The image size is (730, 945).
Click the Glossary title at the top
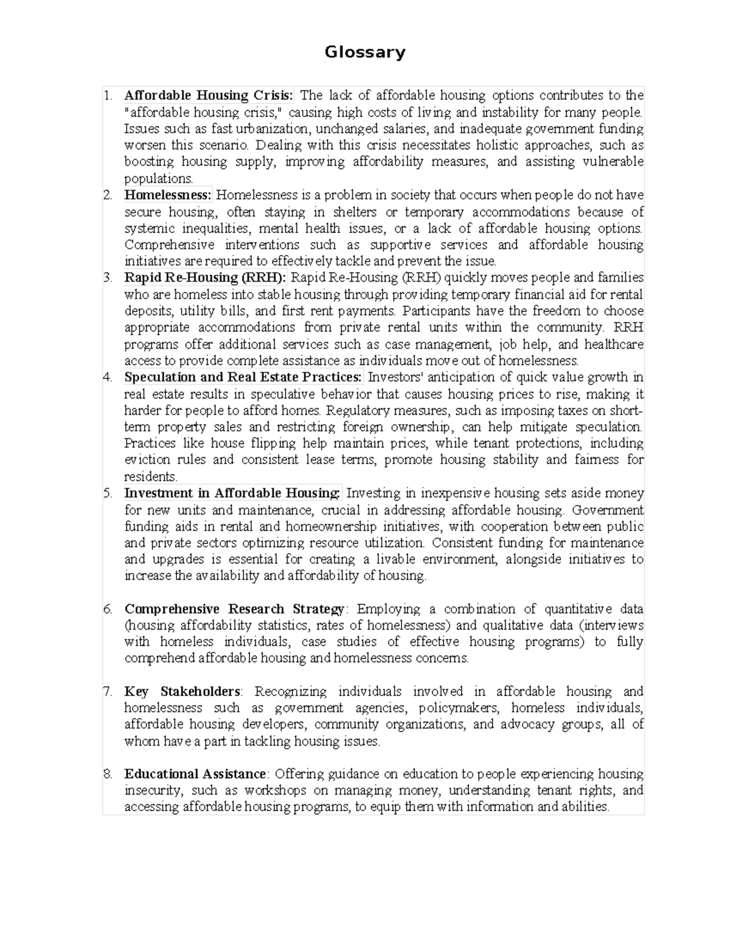[364, 52]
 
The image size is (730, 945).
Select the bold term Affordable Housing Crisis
[209, 96]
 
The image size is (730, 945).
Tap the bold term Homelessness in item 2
[168, 195]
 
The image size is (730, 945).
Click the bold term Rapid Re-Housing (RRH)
[205, 278]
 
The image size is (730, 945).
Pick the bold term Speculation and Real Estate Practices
[243, 377]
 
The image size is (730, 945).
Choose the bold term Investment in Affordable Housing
[232, 493]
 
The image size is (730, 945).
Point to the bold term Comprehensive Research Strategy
[234, 609]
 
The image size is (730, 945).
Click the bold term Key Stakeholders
[182, 692]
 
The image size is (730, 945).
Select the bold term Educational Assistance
[195, 775]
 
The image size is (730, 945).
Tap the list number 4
[108, 377]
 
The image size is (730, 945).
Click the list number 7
[108, 692]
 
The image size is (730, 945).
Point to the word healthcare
[614, 344]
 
